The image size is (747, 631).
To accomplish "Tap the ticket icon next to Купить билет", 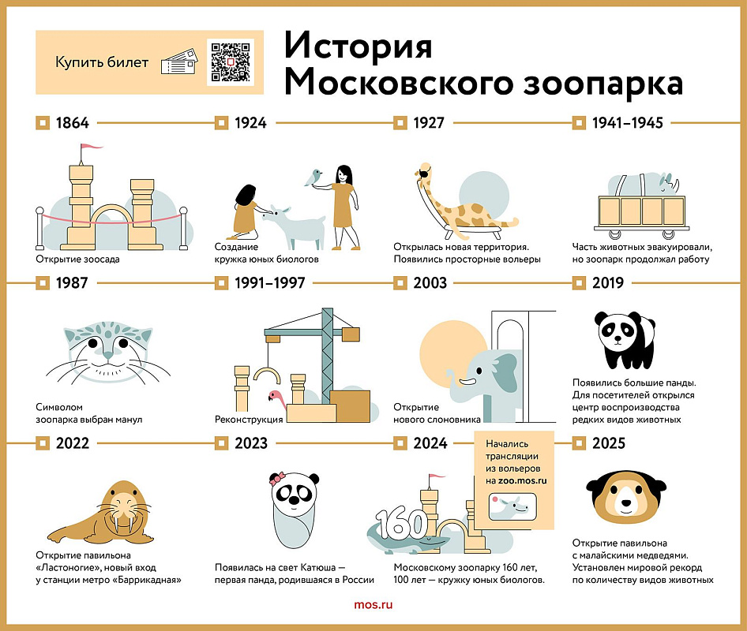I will click(178, 64).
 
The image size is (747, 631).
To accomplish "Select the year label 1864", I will click(72, 123).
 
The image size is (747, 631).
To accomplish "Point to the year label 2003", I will click(430, 283).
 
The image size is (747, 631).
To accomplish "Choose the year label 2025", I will click(608, 443).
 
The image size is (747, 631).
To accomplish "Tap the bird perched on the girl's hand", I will click(317, 176).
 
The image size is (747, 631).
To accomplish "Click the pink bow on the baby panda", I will click(277, 478).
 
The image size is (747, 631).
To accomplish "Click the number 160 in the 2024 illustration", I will click(401, 521).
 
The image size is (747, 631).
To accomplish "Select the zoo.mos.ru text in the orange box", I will click(517, 480).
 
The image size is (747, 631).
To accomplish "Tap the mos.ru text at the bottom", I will click(373, 605).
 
